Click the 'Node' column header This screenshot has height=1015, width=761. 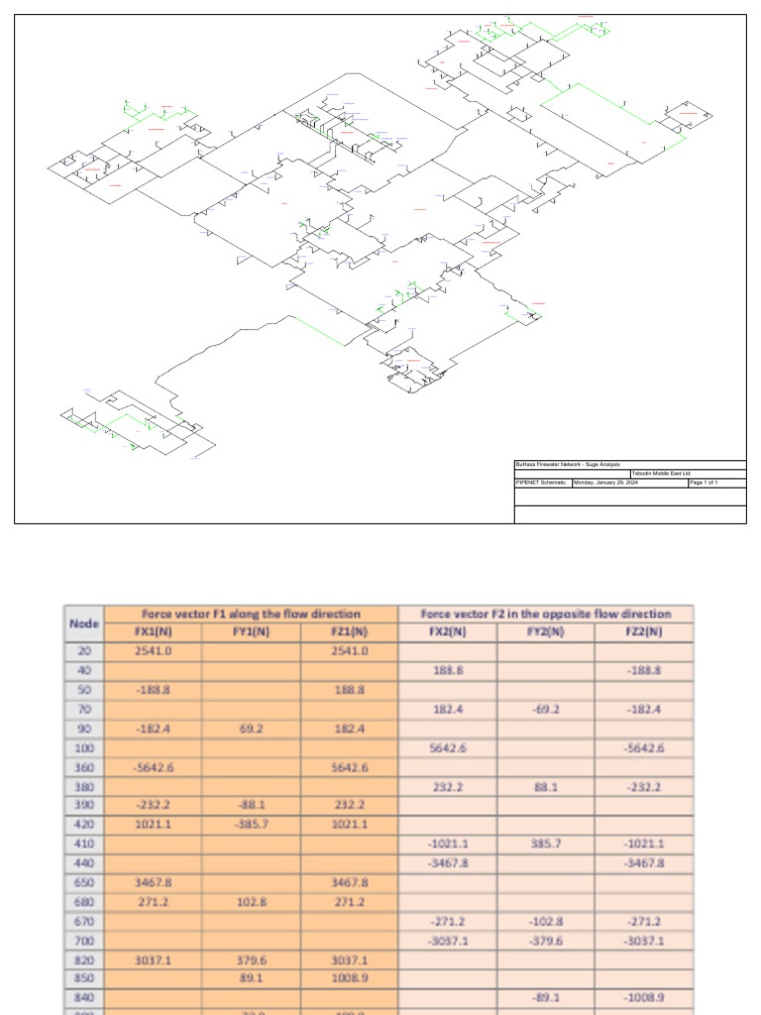[x=84, y=623]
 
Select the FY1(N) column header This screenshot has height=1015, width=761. [x=251, y=632]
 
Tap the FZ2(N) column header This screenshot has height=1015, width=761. [x=644, y=632]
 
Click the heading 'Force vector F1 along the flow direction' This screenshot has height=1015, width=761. [x=251, y=615]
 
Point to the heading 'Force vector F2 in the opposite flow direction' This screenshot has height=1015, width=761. [x=546, y=615]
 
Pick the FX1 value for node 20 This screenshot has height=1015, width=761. [x=153, y=651]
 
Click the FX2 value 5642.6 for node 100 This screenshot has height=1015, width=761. [x=448, y=748]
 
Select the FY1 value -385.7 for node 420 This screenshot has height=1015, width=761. [x=251, y=826]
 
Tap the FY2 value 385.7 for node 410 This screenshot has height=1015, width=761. [x=546, y=845]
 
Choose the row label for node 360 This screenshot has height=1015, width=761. [x=84, y=767]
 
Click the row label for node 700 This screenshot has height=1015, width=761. [x=84, y=941]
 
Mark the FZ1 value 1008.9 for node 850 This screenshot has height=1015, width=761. [x=349, y=979]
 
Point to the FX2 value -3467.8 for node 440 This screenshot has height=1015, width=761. [x=448, y=863]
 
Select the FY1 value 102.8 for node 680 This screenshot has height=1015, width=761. [x=251, y=902]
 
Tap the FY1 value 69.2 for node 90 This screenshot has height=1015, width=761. [x=251, y=729]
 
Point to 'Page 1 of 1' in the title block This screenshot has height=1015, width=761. [x=704, y=483]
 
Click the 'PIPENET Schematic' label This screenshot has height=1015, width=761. [x=541, y=483]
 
